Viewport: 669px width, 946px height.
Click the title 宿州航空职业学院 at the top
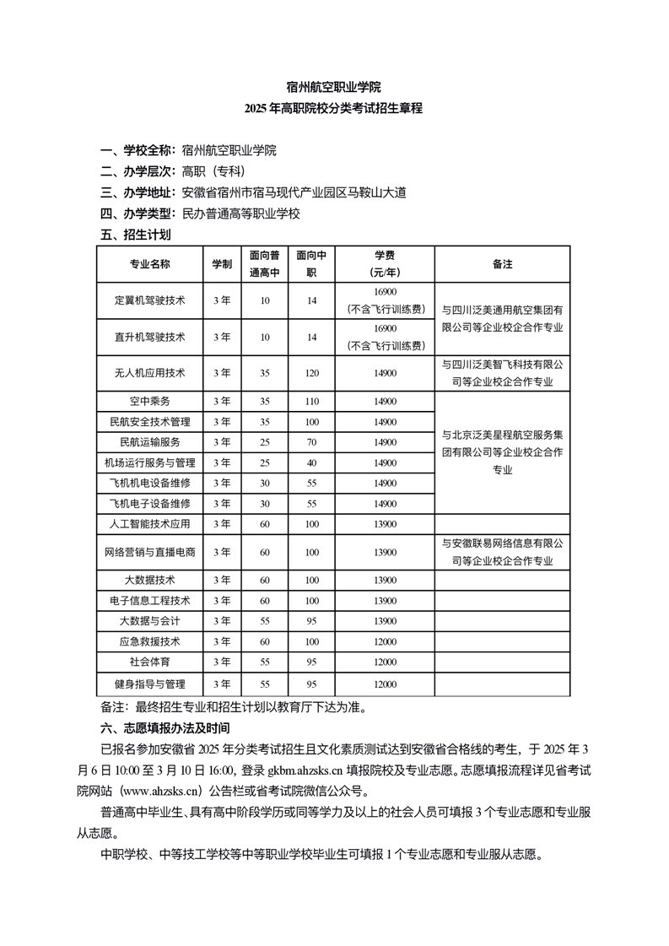(334, 87)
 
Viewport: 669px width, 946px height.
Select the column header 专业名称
(149, 264)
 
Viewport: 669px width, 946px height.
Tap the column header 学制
(222, 264)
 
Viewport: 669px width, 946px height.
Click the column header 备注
(502, 264)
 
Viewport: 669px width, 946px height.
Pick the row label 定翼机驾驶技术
(149, 300)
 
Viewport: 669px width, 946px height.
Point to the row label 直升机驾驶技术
(149, 337)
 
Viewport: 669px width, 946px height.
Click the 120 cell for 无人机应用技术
(312, 373)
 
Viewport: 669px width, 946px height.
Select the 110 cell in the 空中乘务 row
(312, 401)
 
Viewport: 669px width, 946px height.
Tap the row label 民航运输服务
(149, 442)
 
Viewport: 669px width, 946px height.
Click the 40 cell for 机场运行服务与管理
(312, 462)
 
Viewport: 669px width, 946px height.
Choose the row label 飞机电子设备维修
(149, 504)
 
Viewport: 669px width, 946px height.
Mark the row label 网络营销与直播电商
(149, 552)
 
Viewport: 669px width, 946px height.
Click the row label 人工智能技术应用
(149, 524)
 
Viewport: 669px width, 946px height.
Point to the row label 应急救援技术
(149, 641)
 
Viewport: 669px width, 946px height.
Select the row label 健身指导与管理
(149, 684)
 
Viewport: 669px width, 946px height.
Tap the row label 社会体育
(149, 662)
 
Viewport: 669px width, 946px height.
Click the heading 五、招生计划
(135, 235)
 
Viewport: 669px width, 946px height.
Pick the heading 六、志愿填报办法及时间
(165, 727)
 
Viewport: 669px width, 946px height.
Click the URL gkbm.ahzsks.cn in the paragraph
(304, 770)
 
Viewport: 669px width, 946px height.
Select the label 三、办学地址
(138, 192)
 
